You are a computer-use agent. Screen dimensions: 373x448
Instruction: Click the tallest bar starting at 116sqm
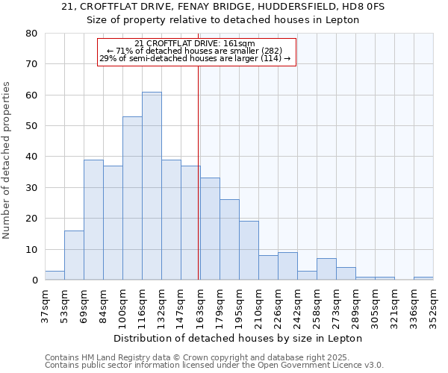click(152, 186)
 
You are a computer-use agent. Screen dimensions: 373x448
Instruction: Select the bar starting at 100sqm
click(132, 198)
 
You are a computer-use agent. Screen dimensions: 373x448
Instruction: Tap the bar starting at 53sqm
click(74, 255)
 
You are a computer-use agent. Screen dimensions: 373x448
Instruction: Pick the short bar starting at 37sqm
click(55, 275)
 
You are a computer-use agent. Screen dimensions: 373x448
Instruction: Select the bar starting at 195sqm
click(249, 251)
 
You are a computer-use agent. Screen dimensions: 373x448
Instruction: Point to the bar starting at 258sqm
click(326, 269)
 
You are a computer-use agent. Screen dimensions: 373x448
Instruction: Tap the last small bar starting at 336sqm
click(423, 278)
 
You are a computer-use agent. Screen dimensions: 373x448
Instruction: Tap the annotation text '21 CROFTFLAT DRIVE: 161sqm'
click(196, 44)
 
